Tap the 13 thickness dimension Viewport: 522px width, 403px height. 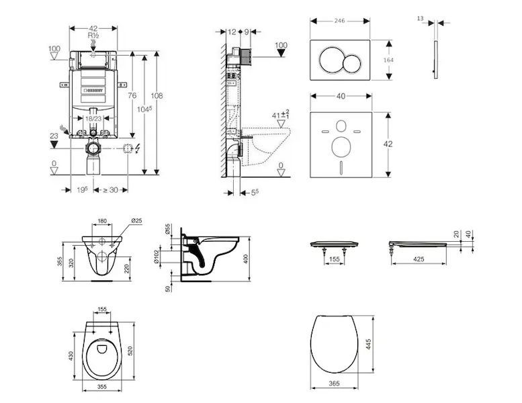pyautogui.click(x=421, y=19)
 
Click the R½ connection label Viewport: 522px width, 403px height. pyautogui.click(x=93, y=35)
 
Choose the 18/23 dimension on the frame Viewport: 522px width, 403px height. pyautogui.click(x=93, y=118)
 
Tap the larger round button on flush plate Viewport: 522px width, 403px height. pyautogui.click(x=331, y=60)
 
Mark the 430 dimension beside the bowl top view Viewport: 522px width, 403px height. pyautogui.click(x=72, y=354)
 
